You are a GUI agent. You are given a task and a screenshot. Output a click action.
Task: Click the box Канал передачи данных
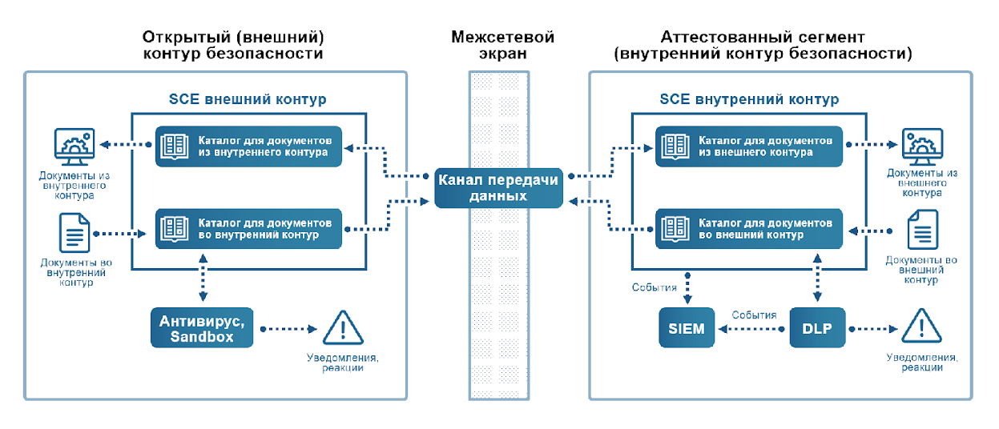coord(497,187)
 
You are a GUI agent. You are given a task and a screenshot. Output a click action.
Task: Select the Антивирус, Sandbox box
coord(202,328)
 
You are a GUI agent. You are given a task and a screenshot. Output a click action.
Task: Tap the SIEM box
coord(687,328)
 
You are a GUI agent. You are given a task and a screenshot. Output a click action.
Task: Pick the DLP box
coord(817,328)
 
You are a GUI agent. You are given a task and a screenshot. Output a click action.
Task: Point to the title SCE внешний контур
coord(248,100)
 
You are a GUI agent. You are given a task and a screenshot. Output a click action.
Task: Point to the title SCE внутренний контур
coord(749,100)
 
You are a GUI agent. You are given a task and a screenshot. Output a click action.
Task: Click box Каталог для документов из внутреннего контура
coord(249,146)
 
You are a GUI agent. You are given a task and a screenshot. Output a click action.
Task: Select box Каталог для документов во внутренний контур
coord(249,228)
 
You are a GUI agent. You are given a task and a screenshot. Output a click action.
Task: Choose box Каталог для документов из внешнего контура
coord(748,146)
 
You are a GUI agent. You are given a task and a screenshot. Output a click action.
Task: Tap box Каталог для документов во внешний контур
coord(748,228)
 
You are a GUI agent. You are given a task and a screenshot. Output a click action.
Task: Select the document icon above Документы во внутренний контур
coord(74,233)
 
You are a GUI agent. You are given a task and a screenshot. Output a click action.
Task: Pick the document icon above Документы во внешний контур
coord(922,233)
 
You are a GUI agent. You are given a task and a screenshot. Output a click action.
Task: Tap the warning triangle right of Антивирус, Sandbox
coord(343,328)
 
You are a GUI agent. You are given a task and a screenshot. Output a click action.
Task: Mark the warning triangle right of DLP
coord(920,328)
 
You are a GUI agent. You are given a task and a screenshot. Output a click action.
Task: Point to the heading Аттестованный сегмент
coord(762,37)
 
